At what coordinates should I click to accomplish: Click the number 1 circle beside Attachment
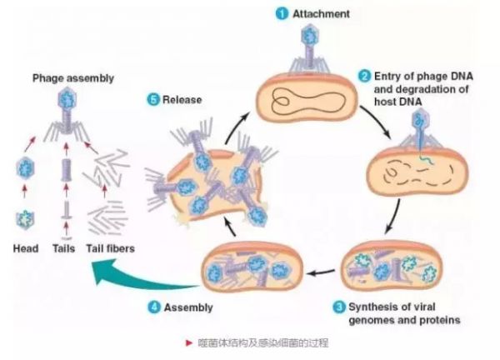[282, 13]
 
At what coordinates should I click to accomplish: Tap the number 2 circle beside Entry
[365, 77]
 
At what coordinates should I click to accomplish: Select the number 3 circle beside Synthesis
[339, 307]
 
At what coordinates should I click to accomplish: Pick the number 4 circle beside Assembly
[154, 307]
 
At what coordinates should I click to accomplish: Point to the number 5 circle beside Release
[153, 100]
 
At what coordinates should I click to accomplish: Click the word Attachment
[321, 14]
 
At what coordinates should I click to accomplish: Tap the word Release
[182, 100]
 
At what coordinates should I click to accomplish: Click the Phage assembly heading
[73, 78]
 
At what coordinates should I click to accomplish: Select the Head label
[26, 248]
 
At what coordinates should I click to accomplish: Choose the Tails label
[64, 248]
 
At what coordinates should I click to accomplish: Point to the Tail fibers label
[111, 248]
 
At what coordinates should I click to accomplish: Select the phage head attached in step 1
[309, 36]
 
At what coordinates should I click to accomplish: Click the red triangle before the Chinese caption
[189, 342]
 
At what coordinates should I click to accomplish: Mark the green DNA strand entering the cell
[425, 159]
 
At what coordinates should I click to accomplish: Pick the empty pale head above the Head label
[25, 219]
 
